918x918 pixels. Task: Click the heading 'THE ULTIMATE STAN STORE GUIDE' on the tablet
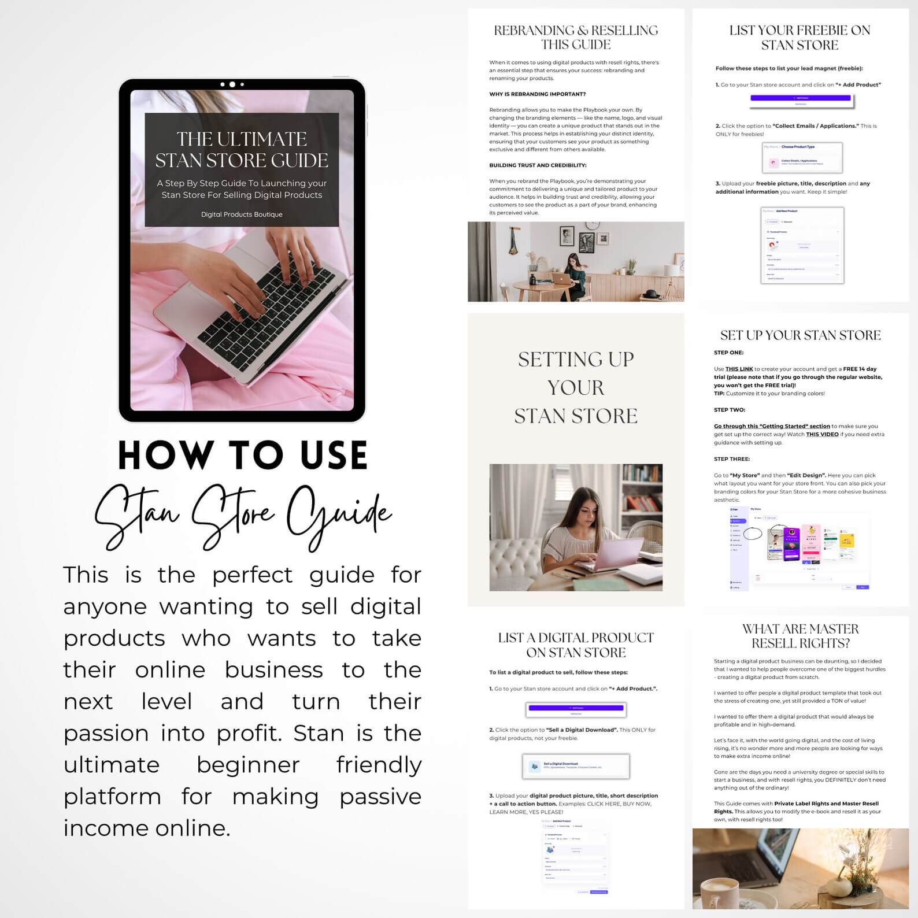coord(242,149)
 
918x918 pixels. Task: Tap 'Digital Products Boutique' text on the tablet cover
coord(242,214)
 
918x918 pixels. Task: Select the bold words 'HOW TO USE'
coord(243,456)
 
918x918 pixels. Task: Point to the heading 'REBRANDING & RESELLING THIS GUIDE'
coord(576,38)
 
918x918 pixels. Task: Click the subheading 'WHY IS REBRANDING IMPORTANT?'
coord(537,94)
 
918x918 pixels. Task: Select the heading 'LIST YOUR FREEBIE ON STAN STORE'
coord(799,38)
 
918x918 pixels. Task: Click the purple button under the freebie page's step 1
coord(801,98)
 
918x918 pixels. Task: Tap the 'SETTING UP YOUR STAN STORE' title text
coord(576,387)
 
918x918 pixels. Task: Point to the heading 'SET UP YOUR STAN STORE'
coord(800,335)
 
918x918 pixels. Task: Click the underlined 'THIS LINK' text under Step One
coord(739,369)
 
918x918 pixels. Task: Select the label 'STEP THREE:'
coord(731,459)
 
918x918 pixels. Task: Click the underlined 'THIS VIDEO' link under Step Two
coord(822,434)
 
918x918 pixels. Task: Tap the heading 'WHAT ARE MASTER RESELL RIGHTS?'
coord(800,636)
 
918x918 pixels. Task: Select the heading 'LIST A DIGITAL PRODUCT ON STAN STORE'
coord(576,645)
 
